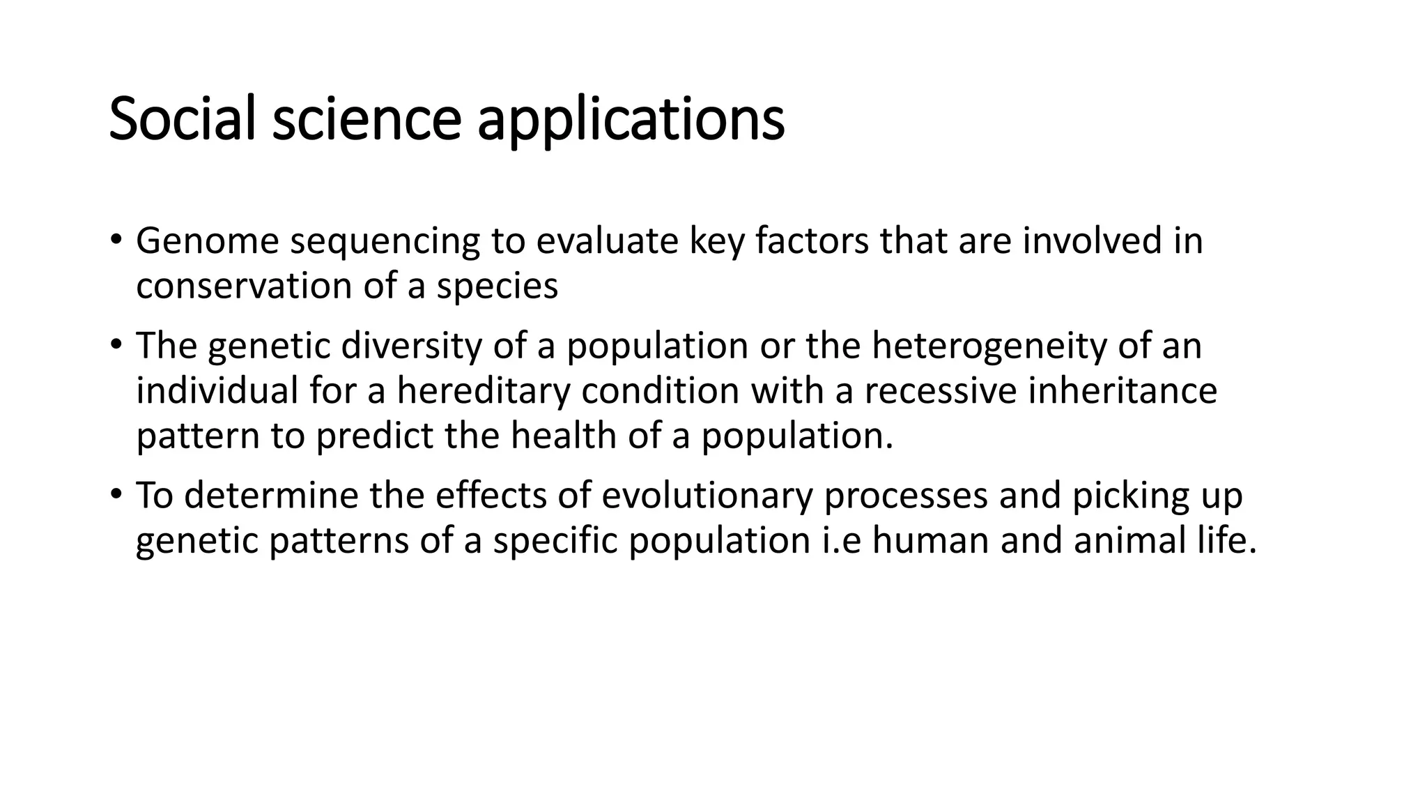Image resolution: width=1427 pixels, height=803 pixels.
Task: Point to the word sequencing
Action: point(385,243)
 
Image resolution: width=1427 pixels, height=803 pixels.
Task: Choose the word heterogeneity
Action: point(989,346)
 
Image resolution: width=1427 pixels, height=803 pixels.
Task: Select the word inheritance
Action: point(1123,390)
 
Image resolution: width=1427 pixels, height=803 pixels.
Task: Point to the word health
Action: point(564,436)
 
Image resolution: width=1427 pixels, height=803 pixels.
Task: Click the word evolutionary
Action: point(707,496)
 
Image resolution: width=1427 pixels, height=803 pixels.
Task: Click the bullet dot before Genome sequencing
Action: point(115,239)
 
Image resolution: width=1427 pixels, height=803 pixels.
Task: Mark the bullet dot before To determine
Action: point(115,494)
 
